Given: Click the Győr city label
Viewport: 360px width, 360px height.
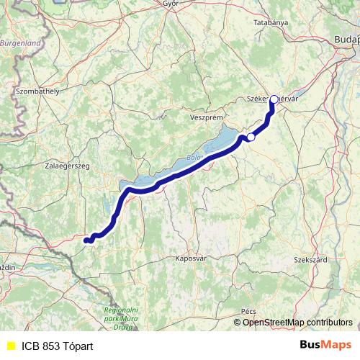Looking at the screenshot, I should pyautogui.click(x=171, y=4).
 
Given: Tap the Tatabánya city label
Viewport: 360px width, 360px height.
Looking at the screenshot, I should pyautogui.click(x=271, y=23).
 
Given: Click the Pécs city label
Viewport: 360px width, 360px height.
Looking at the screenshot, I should pyautogui.click(x=249, y=310).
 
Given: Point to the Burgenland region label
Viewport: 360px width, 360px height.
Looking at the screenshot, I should pyautogui.click(x=22, y=43).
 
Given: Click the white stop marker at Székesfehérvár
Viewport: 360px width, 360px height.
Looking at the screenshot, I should pyautogui.click(x=274, y=99).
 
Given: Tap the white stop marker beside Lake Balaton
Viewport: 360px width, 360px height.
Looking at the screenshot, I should pyautogui.click(x=251, y=137).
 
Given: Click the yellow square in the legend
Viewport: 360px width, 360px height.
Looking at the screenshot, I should pyautogui.click(x=11, y=346).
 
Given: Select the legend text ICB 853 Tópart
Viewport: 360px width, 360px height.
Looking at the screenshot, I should pyautogui.click(x=57, y=346).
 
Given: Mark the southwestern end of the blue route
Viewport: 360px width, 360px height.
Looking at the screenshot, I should pyautogui.click(x=86, y=240).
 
